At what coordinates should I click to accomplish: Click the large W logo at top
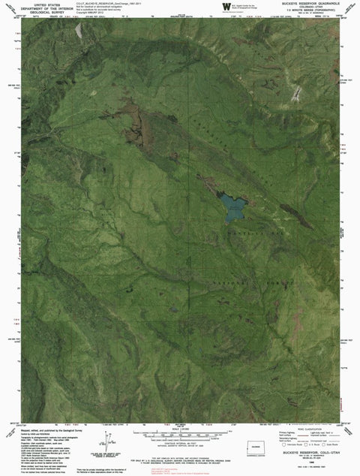[x=226, y=7]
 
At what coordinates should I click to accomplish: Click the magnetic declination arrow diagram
[x=112, y=456]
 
